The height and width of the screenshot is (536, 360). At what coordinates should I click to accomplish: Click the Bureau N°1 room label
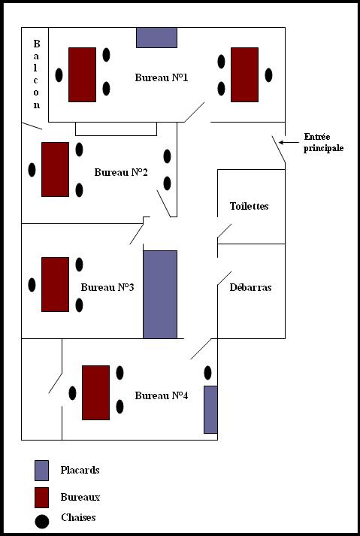tap(162, 77)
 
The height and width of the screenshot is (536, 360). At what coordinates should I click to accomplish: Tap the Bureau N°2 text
tap(121, 172)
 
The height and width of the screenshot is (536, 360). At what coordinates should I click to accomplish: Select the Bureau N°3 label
tap(107, 287)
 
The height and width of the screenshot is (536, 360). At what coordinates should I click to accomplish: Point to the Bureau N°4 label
tap(162, 395)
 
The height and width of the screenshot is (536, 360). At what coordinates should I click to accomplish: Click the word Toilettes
tap(250, 206)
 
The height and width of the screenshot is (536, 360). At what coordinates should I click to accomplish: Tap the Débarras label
tap(250, 287)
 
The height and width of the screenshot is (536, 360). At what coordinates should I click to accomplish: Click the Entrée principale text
tap(324, 143)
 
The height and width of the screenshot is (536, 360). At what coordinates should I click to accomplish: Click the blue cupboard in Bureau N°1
tap(156, 38)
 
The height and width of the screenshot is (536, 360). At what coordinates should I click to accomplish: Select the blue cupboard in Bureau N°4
tap(210, 410)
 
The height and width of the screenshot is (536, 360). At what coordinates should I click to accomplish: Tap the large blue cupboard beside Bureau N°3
tap(160, 295)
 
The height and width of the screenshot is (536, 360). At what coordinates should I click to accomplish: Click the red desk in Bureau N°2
tap(55, 170)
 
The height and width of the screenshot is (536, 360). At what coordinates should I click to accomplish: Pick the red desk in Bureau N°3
tap(55, 284)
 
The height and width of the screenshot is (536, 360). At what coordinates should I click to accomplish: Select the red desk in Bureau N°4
tap(95, 392)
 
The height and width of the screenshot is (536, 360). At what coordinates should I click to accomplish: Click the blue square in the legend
tap(41, 471)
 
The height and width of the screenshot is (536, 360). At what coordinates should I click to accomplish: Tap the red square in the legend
tap(41, 498)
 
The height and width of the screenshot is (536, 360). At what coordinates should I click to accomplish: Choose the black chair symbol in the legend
tap(41, 521)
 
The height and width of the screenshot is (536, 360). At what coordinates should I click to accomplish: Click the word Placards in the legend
tap(80, 470)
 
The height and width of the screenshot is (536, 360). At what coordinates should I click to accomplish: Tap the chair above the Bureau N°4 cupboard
tap(207, 373)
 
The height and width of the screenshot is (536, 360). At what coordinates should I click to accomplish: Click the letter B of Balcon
tap(37, 44)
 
